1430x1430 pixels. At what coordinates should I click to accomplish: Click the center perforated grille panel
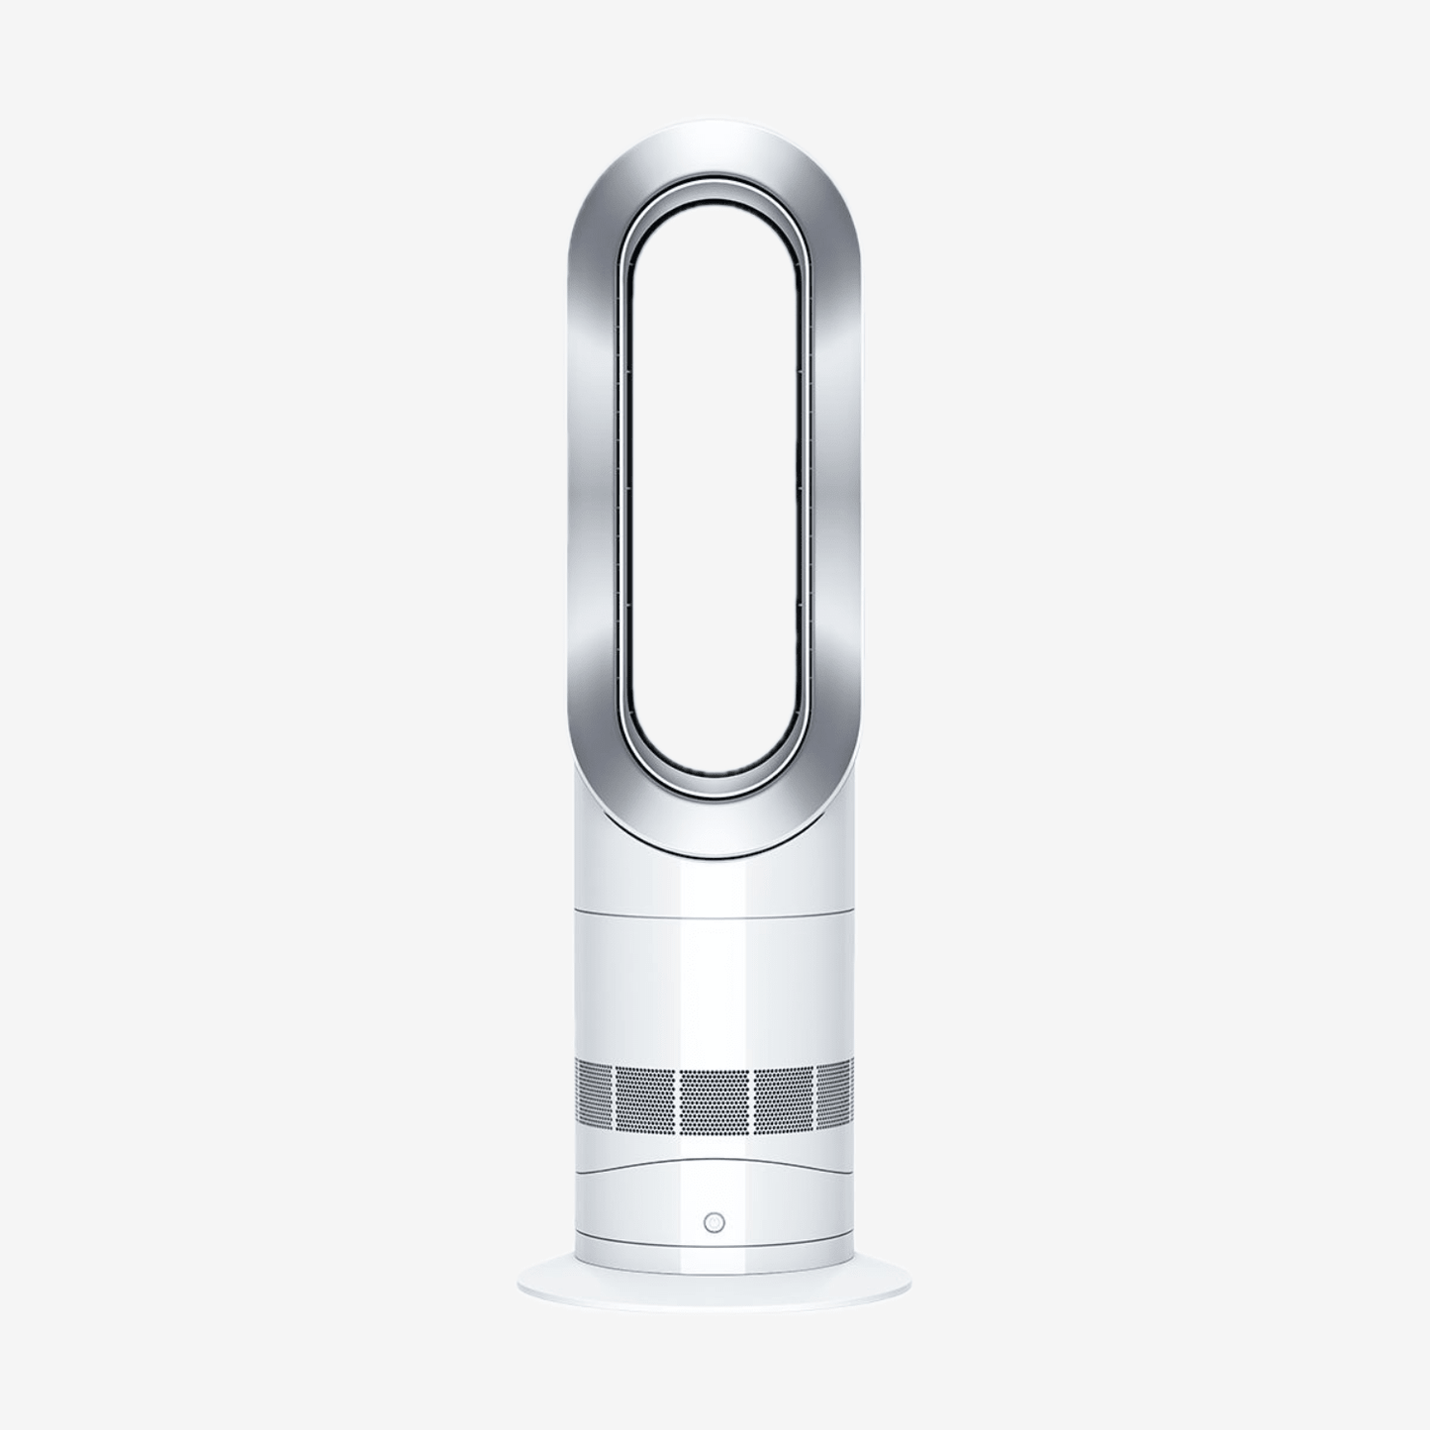[x=714, y=1099]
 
